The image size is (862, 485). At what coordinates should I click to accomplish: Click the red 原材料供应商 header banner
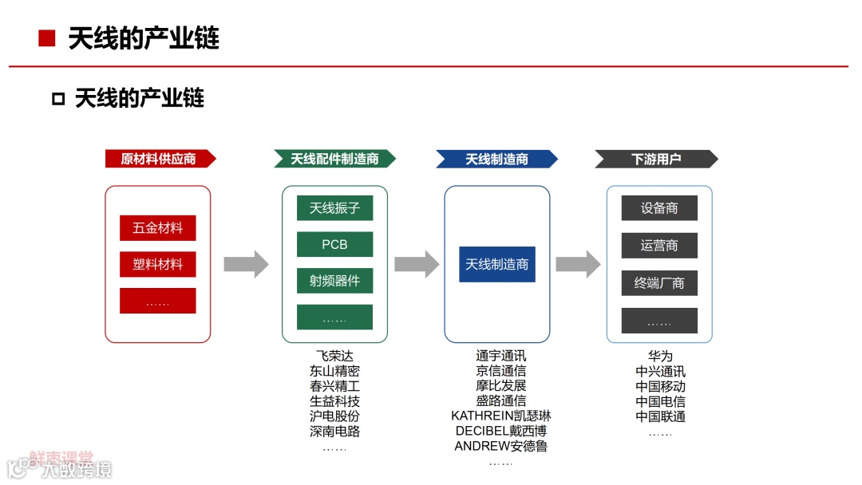pos(160,159)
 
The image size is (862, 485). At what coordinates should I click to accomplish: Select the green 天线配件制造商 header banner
pos(334,159)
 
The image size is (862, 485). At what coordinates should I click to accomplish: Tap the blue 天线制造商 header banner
pos(496,159)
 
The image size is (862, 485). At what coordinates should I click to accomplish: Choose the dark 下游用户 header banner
pos(656,159)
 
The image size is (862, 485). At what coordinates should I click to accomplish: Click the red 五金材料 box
pos(158,228)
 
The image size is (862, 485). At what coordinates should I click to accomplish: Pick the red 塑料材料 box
pos(158,264)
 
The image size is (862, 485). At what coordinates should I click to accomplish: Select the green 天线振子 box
pos(334,208)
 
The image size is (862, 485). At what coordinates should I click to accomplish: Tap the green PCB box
pos(334,244)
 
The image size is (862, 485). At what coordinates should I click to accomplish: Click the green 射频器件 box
pos(334,281)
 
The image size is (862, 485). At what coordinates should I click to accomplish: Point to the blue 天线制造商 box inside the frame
pos(496,264)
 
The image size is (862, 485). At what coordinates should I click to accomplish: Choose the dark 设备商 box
pos(659,208)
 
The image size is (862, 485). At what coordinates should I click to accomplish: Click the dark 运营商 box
pos(659,245)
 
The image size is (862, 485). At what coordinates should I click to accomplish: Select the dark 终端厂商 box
pos(659,282)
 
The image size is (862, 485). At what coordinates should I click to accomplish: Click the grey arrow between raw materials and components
pos(246,264)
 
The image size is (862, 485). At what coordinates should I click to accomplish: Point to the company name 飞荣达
pos(334,356)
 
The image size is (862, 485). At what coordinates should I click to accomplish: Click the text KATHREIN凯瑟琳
pos(500,416)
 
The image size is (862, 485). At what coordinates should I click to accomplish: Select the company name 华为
pos(660,356)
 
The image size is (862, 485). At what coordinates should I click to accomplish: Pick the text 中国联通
pos(660,416)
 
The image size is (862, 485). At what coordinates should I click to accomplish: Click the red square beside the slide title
pos(46,38)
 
